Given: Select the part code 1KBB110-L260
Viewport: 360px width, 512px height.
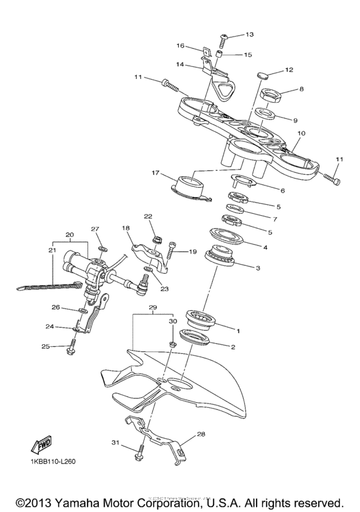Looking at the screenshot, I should (57, 463).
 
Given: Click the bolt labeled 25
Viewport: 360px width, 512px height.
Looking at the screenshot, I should (69, 349).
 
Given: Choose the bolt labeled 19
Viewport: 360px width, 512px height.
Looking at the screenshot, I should (172, 249).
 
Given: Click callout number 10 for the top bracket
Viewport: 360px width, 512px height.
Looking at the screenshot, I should (299, 133).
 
